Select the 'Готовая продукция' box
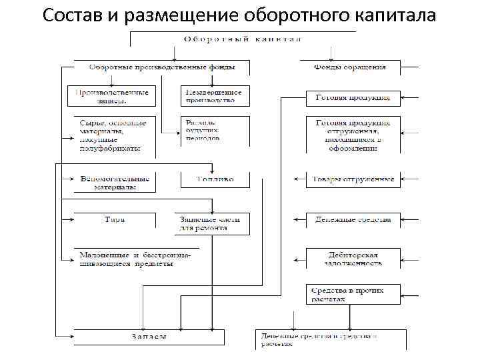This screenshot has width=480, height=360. point(353,98)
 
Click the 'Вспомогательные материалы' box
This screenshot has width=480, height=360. point(114,183)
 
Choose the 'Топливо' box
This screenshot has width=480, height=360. point(215,179)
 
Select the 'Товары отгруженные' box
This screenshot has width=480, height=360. point(353,179)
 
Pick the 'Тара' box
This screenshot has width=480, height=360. point(114,219)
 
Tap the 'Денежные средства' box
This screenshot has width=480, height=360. point(353,219)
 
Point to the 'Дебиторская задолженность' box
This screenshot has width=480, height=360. point(353,259)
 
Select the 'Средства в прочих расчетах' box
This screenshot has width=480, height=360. point(353,294)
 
